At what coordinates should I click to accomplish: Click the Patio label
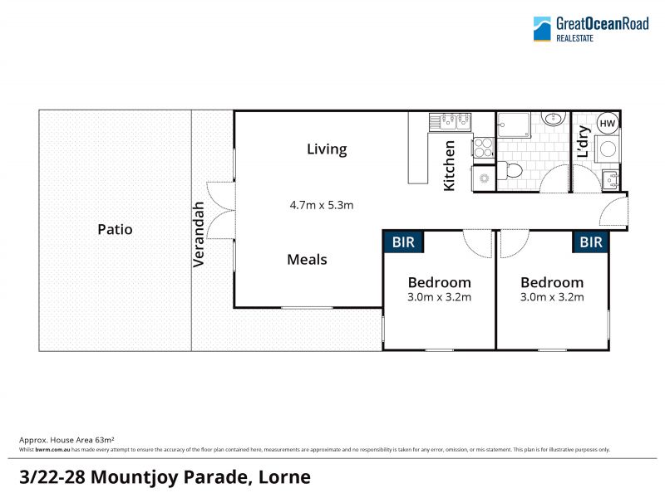pyautogui.click(x=115, y=230)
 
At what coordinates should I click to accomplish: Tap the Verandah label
pyautogui.click(x=199, y=234)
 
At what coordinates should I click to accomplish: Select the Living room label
pyautogui.click(x=327, y=149)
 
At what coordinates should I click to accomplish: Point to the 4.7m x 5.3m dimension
pyautogui.click(x=322, y=205)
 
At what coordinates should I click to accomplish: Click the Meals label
pyautogui.click(x=307, y=260)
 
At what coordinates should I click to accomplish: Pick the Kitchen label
pyautogui.click(x=449, y=165)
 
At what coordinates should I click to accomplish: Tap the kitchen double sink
pyautogui.click(x=450, y=121)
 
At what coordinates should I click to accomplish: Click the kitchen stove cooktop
pyautogui.click(x=484, y=148)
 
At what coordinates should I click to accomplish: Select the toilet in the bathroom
pyautogui.click(x=510, y=170)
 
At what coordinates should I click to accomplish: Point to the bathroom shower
pyautogui.click(x=514, y=125)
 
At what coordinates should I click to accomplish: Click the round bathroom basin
pyautogui.click(x=553, y=119)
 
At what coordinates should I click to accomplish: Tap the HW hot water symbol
pyautogui.click(x=608, y=123)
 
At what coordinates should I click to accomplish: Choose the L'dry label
pyautogui.click(x=584, y=141)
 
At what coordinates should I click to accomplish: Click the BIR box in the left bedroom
pyautogui.click(x=403, y=242)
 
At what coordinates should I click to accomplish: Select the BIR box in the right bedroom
pyautogui.click(x=590, y=242)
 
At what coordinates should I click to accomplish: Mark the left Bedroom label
pyautogui.click(x=440, y=282)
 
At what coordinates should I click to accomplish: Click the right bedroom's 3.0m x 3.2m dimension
pyautogui.click(x=552, y=297)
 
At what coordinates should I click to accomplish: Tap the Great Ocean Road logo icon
pyautogui.click(x=542, y=29)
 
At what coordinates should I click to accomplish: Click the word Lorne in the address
pyautogui.click(x=284, y=477)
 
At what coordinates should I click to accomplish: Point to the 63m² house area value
pyautogui.click(x=105, y=440)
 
